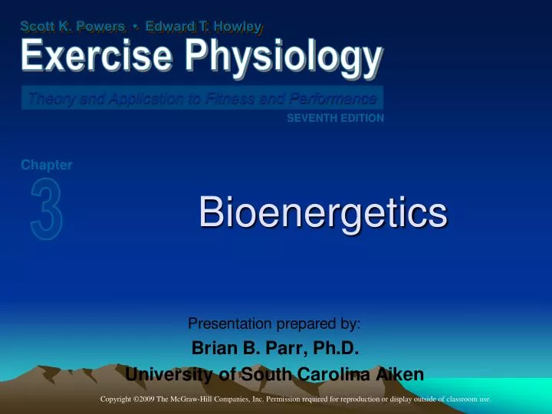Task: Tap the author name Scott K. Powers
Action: tap(73, 27)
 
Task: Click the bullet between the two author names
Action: tap(136, 27)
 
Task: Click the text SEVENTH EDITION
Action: tap(335, 118)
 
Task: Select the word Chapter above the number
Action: tap(47, 165)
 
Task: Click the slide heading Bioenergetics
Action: tap(322, 212)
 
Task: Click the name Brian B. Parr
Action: tap(242, 350)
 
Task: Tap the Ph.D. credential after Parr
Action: tap(332, 350)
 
